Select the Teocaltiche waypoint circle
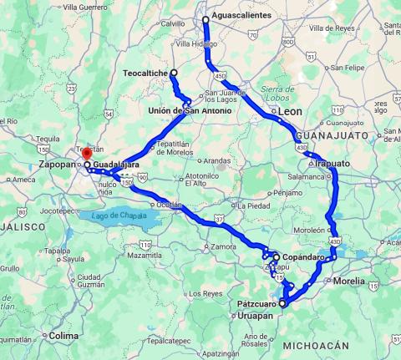[174, 74]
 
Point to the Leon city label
[289, 111]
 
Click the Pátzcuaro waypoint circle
[282, 304]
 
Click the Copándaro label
[303, 256]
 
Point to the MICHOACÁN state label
[315, 345]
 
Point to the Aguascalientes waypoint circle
[205, 18]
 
